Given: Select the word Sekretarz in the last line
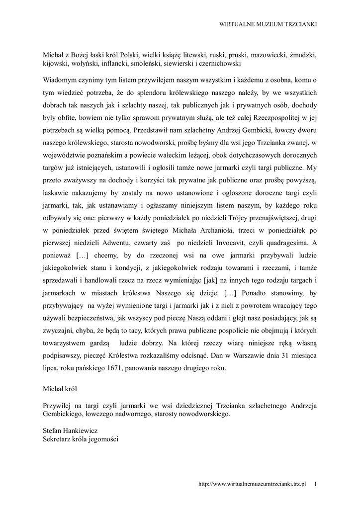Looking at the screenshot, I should (58, 440).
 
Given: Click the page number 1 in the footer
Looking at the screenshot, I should (316, 483).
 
